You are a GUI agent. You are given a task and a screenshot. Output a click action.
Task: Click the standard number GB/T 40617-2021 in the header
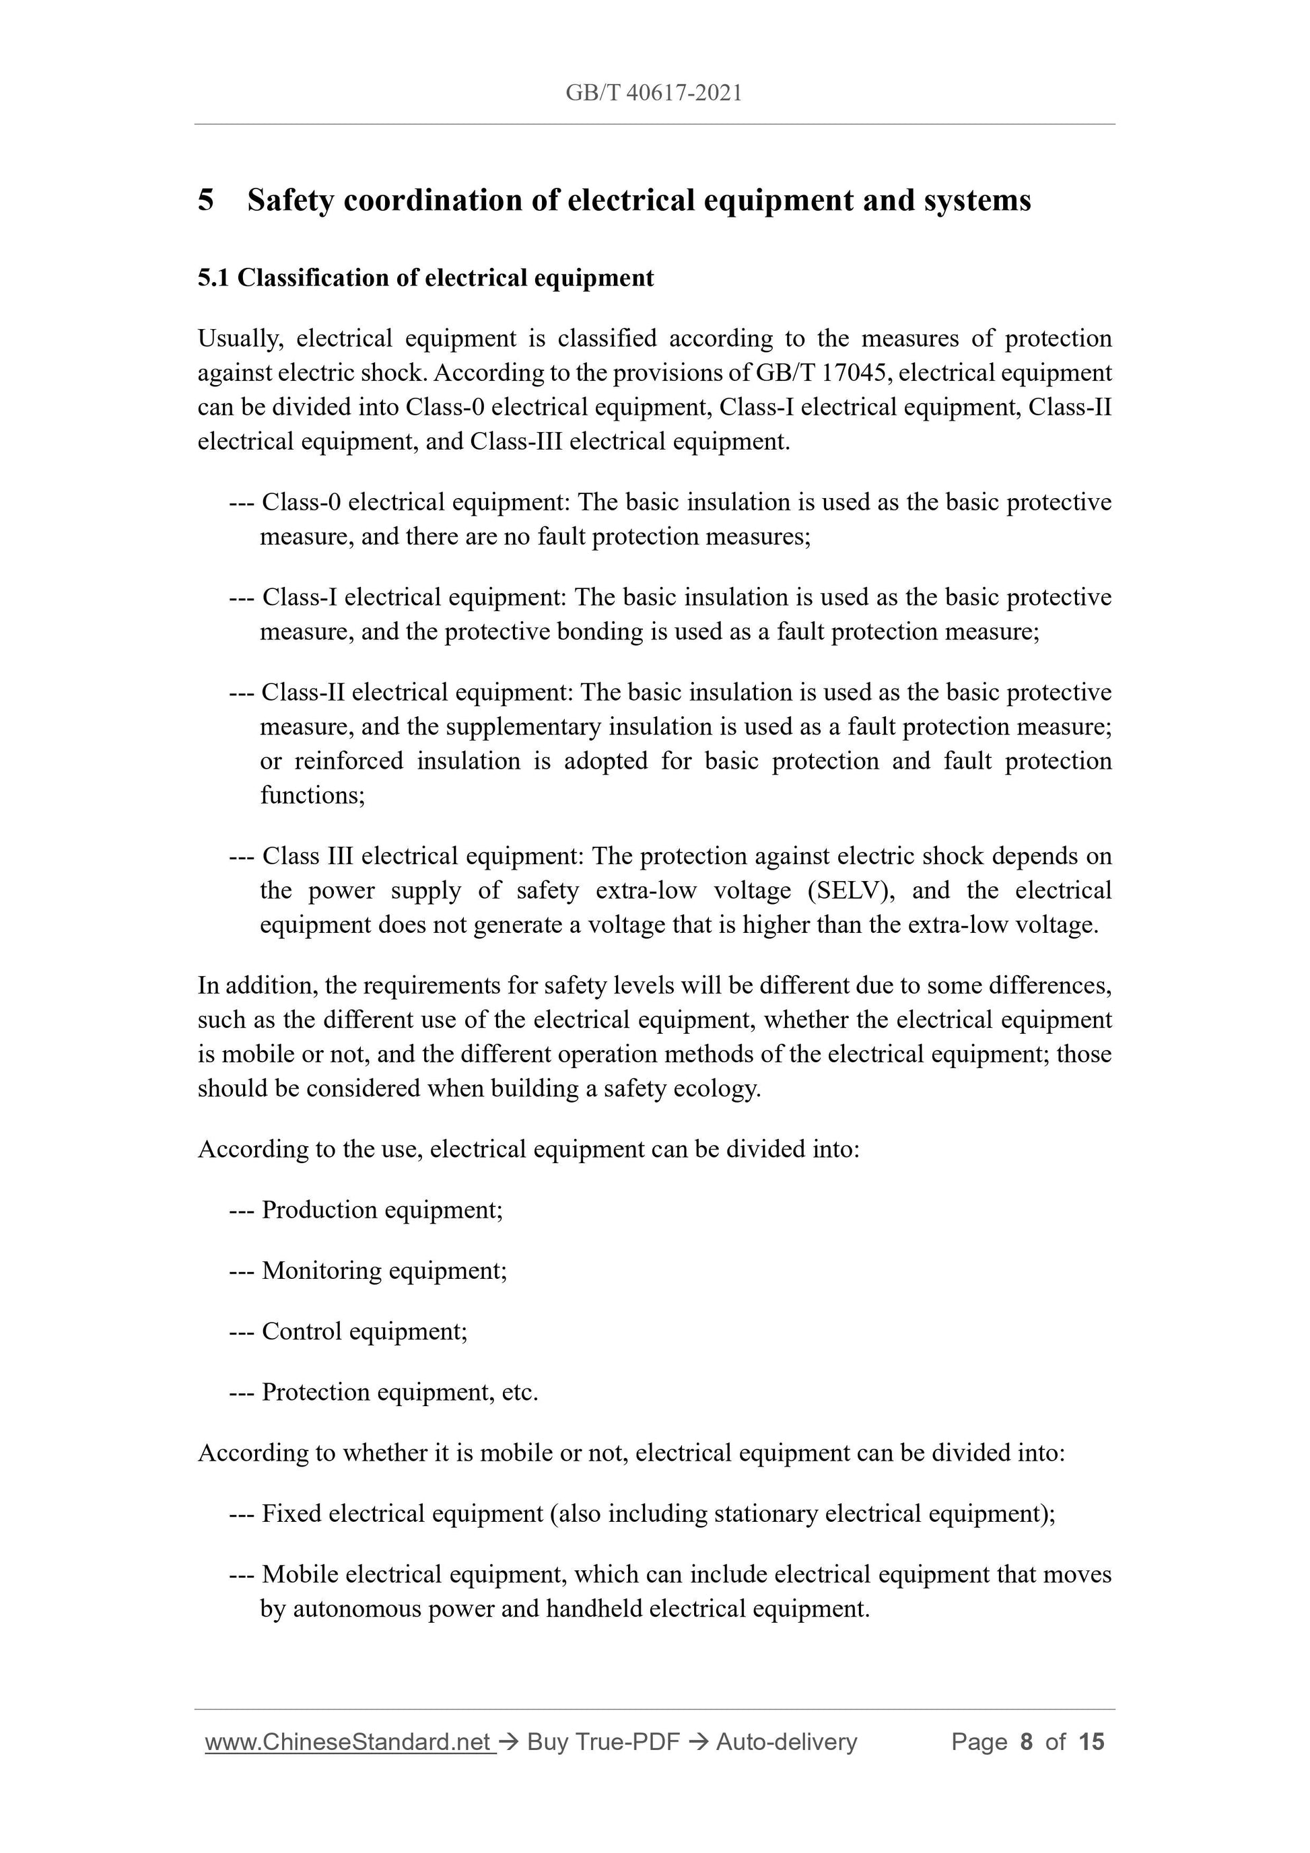(653, 94)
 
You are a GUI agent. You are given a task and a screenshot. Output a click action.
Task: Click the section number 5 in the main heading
(206, 200)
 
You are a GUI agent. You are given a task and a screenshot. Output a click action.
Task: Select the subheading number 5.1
(213, 279)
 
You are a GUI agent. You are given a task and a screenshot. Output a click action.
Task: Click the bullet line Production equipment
(382, 1210)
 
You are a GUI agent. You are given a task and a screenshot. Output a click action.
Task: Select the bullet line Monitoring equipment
(384, 1270)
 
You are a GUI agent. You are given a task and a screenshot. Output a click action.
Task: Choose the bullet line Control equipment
(364, 1331)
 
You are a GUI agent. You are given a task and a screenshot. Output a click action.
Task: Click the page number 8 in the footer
(1026, 1743)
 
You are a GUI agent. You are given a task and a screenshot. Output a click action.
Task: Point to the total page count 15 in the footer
(1091, 1743)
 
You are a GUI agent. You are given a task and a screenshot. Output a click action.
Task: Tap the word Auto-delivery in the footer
(786, 1743)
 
